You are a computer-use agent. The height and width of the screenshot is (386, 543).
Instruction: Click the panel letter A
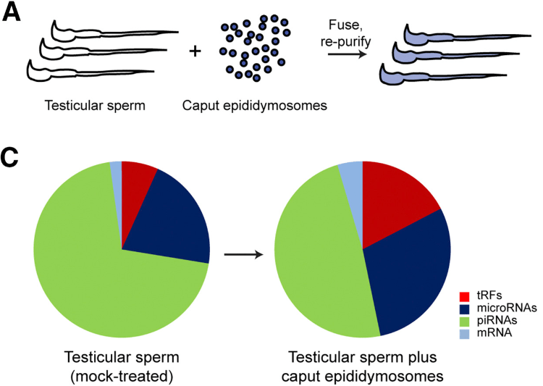click(13, 13)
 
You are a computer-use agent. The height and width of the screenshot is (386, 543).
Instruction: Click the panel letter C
click(13, 158)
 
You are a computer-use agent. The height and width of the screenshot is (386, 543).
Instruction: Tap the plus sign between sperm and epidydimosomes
click(194, 53)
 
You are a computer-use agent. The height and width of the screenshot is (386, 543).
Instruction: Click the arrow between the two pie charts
click(243, 254)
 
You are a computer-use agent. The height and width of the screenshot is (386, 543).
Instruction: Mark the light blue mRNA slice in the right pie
click(351, 172)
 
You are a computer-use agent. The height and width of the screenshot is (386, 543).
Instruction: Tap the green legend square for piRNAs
click(466, 319)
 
